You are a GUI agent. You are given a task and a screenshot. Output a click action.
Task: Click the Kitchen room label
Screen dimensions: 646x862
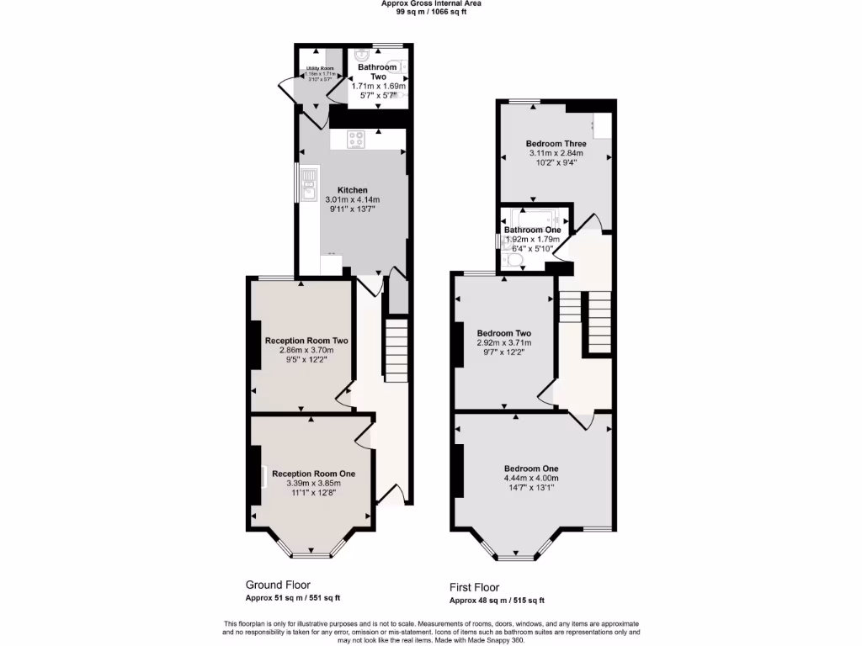pos(353,189)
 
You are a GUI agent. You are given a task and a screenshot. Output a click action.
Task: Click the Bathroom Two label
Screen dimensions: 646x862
pos(377,71)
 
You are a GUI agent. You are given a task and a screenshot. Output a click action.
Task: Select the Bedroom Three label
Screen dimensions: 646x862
pos(556,144)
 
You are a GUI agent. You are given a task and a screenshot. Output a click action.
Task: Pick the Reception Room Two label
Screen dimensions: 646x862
pos(306,341)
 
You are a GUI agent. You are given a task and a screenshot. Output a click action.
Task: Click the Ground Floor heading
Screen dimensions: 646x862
pos(278,585)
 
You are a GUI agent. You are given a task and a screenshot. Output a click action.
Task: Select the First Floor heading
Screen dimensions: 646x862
pos(474,587)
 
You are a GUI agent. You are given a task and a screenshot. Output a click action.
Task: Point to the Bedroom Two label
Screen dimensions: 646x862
pos(503,331)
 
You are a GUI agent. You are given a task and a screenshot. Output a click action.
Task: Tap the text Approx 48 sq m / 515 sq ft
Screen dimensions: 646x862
pos(497,601)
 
